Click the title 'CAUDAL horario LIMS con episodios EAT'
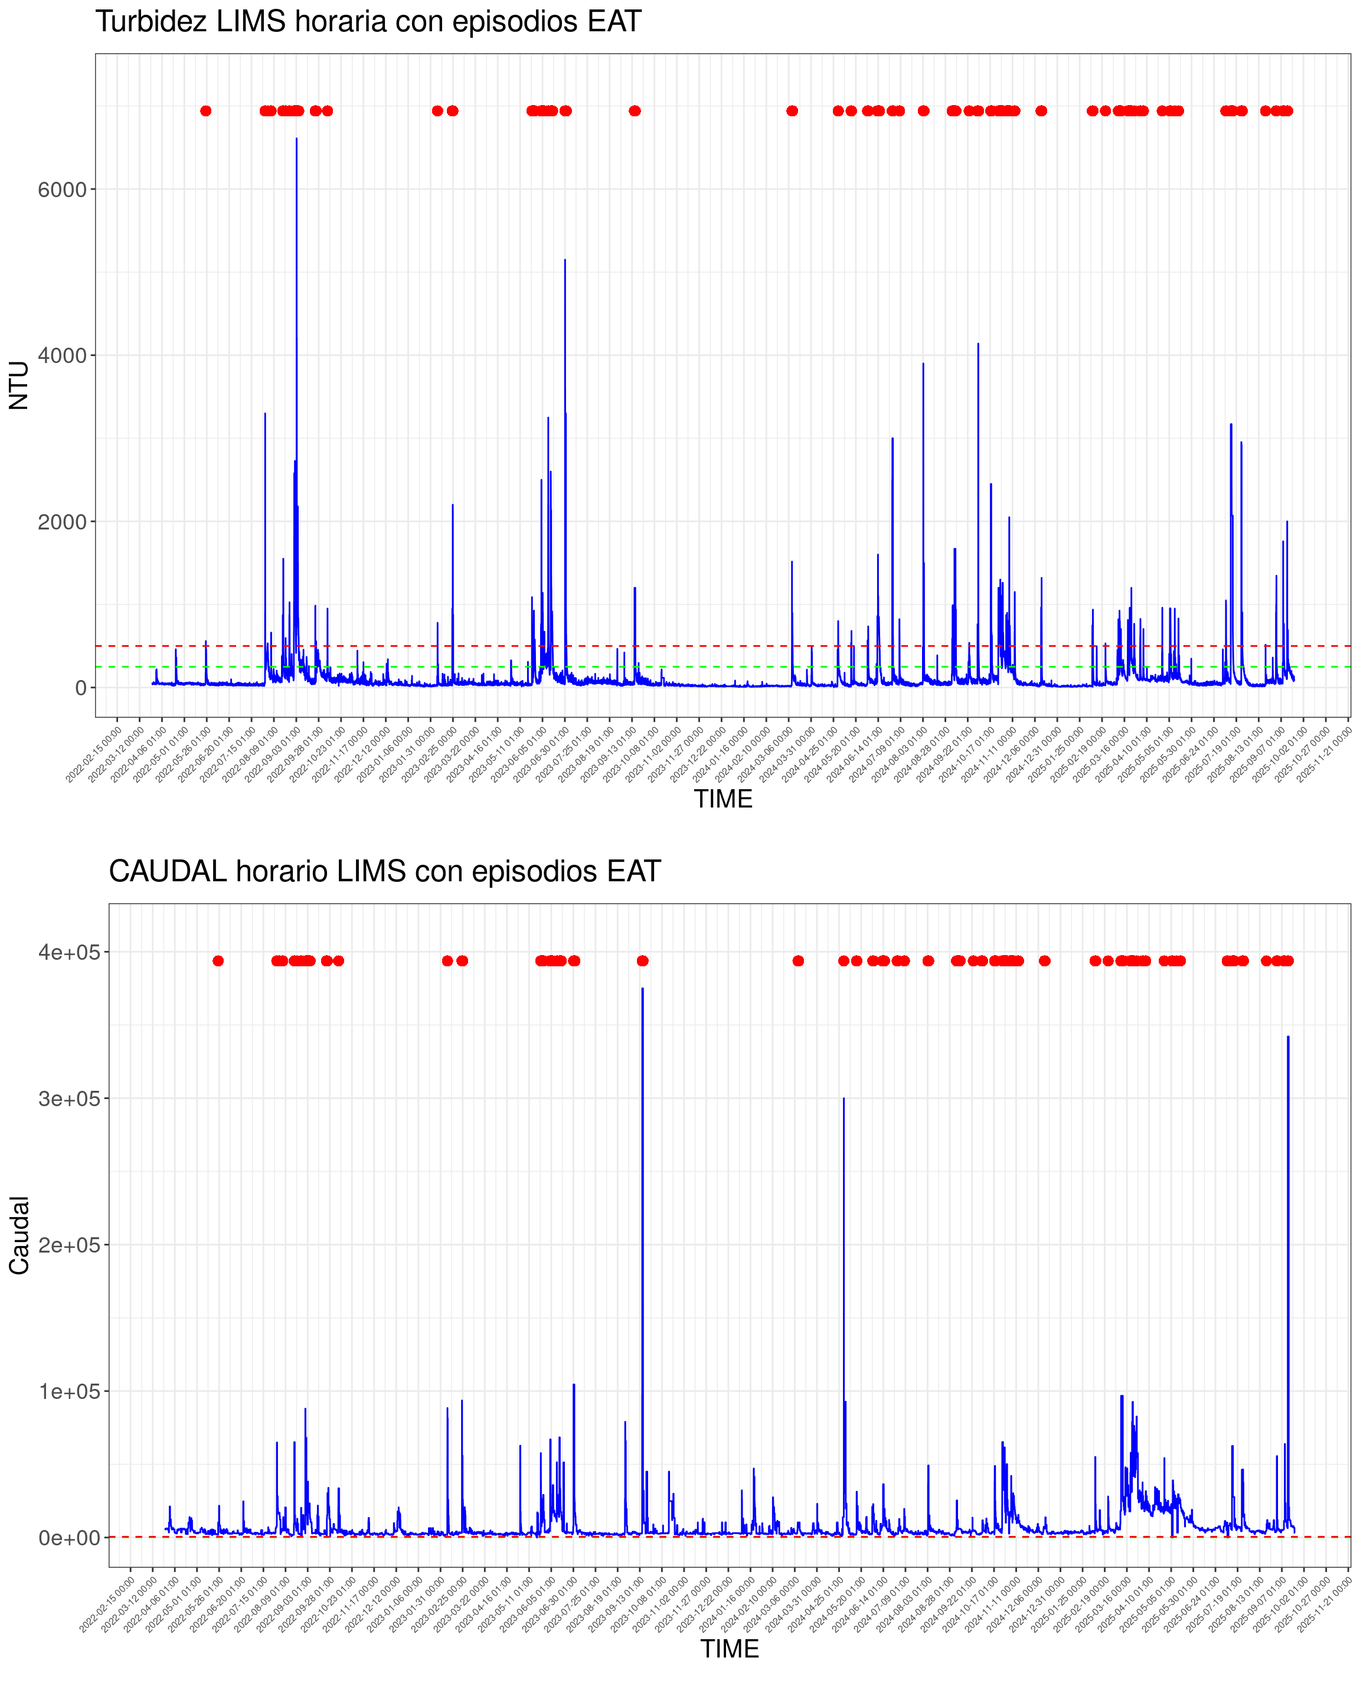click(x=384, y=871)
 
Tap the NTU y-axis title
click(x=19, y=385)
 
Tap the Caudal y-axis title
click(x=19, y=1235)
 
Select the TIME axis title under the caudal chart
click(x=729, y=1649)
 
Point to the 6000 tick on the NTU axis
click(x=61, y=189)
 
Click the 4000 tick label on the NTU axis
click(x=61, y=355)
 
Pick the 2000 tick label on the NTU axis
click(x=61, y=522)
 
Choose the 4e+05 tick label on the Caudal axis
click(x=70, y=953)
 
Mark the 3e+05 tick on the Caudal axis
click(x=70, y=1099)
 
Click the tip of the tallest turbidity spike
click(x=296, y=139)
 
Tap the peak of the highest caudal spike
click(x=643, y=989)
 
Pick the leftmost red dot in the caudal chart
click(x=218, y=960)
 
